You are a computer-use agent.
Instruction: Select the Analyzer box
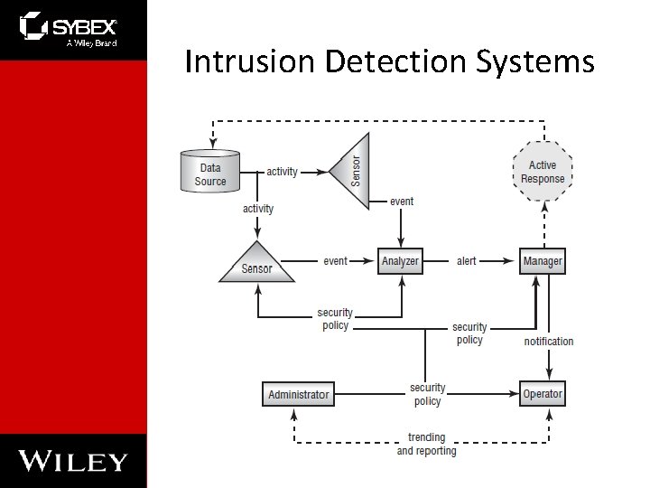pyautogui.click(x=400, y=261)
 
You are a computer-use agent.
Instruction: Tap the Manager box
pyautogui.click(x=543, y=261)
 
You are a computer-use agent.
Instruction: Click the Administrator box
pyautogui.click(x=299, y=394)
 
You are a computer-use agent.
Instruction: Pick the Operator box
pyautogui.click(x=543, y=394)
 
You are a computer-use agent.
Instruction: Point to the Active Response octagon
pyautogui.click(x=543, y=172)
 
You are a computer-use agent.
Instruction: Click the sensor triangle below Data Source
pyautogui.click(x=257, y=264)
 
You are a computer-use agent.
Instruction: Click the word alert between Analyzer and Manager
pyautogui.click(x=466, y=261)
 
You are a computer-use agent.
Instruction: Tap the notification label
pyautogui.click(x=548, y=342)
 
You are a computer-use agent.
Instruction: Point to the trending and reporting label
pyautogui.click(x=426, y=444)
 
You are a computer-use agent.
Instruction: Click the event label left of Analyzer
pyautogui.click(x=335, y=261)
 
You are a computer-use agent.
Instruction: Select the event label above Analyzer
pyautogui.click(x=402, y=201)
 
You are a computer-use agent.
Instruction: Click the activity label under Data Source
pyautogui.click(x=258, y=209)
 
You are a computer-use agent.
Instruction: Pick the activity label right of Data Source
pyautogui.click(x=282, y=172)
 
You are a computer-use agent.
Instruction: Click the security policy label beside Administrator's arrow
pyautogui.click(x=427, y=395)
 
